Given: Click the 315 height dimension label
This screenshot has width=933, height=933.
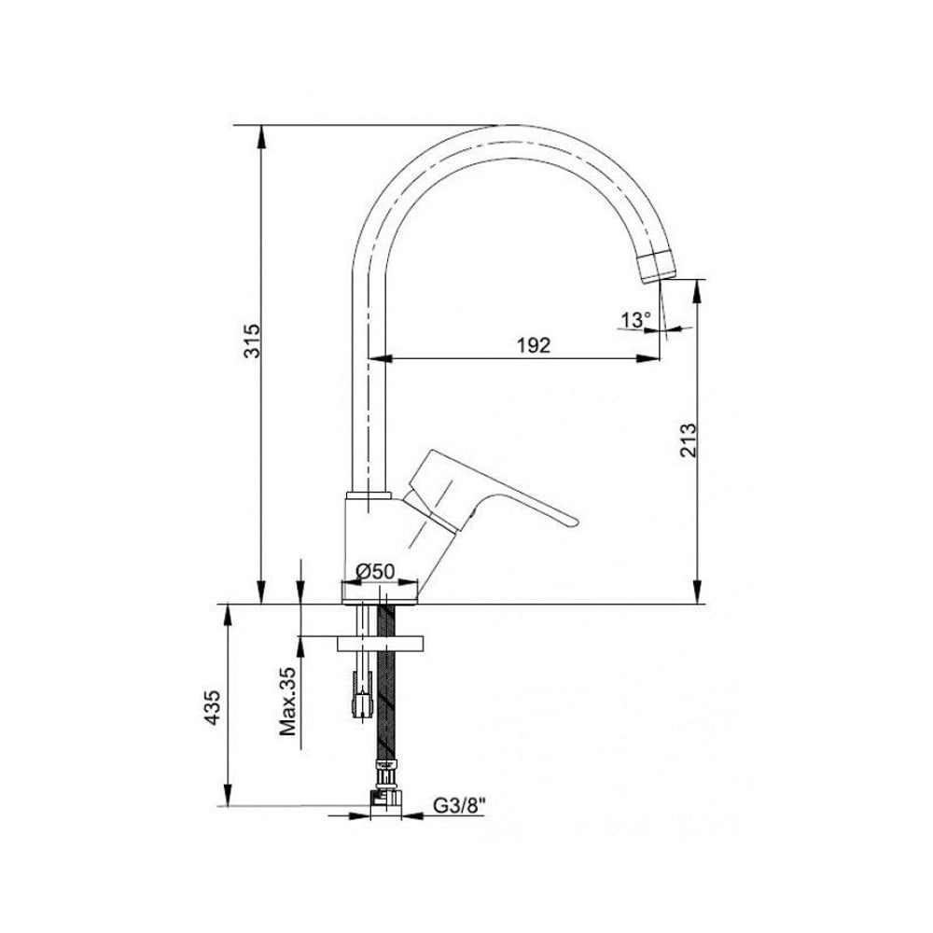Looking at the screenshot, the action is pos(252,341).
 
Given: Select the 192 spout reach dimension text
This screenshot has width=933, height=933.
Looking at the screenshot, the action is pos(533,345).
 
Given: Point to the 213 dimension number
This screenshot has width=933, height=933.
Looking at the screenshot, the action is pos(688,439).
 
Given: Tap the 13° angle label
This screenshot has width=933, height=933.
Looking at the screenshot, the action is pos(636,320).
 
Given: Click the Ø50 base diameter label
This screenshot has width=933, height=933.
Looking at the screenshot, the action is pos(375,571).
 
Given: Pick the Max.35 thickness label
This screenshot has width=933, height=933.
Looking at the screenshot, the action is pos(288,701).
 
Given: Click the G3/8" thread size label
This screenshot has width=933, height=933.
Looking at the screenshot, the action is pos(459,806).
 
